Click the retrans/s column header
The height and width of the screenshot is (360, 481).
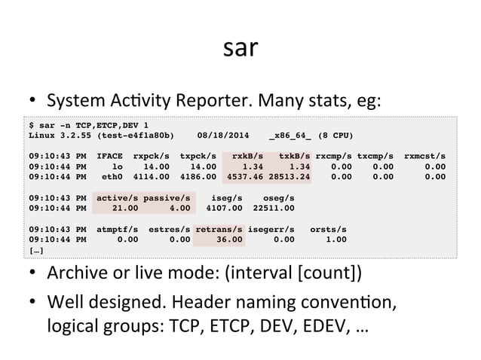pos(219,228)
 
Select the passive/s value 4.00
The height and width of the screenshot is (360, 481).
pos(180,208)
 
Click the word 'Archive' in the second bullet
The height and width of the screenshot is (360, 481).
pos(73,271)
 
